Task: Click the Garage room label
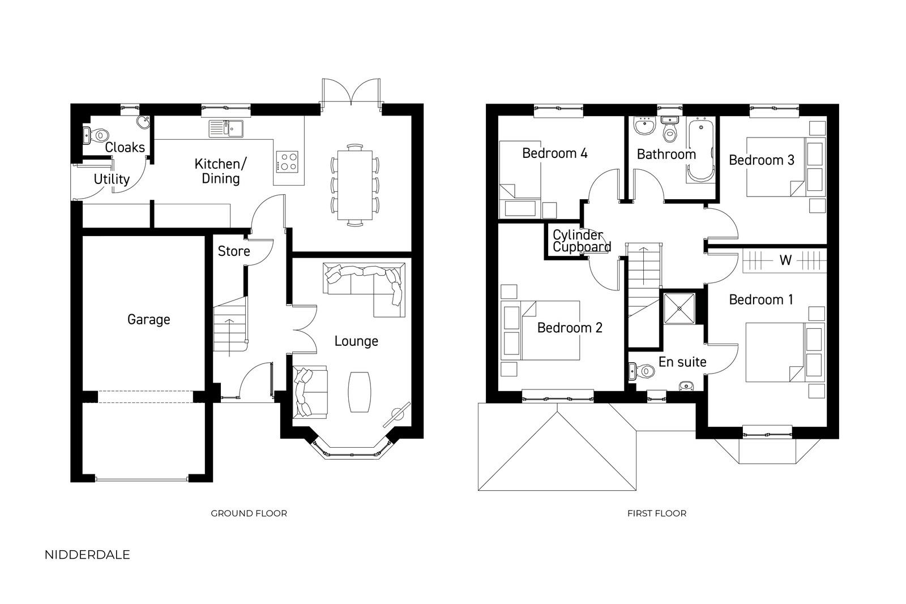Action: pos(148,320)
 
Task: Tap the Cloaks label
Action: pos(125,147)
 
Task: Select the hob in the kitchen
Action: pos(287,162)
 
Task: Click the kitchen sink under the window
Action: pos(226,128)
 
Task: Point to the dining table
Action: pos(354,185)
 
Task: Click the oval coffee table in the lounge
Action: pos(359,392)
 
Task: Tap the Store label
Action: pos(234,251)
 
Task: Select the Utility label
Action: pos(112,179)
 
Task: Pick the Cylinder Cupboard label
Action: pos(582,241)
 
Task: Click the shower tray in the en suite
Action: pos(679,309)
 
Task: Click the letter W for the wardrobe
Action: pos(785,260)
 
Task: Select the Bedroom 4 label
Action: pos(554,153)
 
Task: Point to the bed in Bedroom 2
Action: pos(540,330)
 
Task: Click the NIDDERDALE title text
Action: pos(87,555)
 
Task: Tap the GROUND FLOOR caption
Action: pos(249,513)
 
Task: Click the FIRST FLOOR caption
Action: pos(657,513)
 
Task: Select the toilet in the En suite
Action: pos(642,371)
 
